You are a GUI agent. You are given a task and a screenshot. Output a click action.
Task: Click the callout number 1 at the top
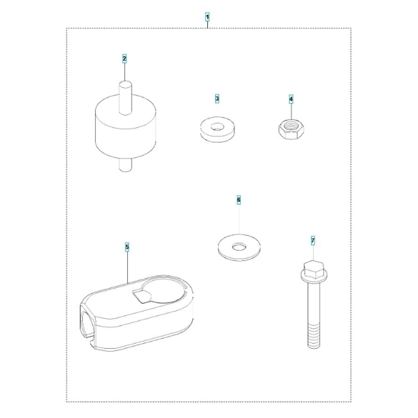(207, 17)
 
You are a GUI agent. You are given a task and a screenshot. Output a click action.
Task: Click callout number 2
(125, 59)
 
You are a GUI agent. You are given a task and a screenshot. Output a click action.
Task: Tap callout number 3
(217, 99)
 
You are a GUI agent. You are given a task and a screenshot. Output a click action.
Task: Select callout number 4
(291, 99)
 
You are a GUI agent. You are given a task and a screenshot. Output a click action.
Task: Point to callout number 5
(127, 247)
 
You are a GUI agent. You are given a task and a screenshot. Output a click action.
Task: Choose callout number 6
(239, 200)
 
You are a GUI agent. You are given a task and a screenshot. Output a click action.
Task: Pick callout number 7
(313, 241)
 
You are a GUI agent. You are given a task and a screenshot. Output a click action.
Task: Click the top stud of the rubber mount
(125, 97)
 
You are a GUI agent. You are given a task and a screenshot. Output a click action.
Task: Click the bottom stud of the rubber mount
(125, 164)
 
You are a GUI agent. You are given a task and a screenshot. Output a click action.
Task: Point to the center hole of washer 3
(217, 126)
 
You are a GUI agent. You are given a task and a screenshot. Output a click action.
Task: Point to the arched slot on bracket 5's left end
(87, 324)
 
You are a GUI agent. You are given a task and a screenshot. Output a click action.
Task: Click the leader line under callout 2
(125, 72)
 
